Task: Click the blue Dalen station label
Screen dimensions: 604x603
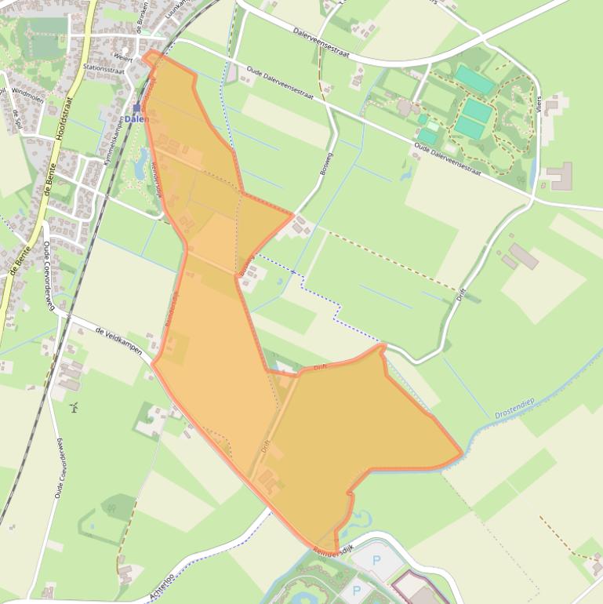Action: [136, 119]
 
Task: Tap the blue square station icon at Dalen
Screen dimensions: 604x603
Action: [136, 107]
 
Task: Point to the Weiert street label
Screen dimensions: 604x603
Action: [123, 57]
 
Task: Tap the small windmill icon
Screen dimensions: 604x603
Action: [74, 408]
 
